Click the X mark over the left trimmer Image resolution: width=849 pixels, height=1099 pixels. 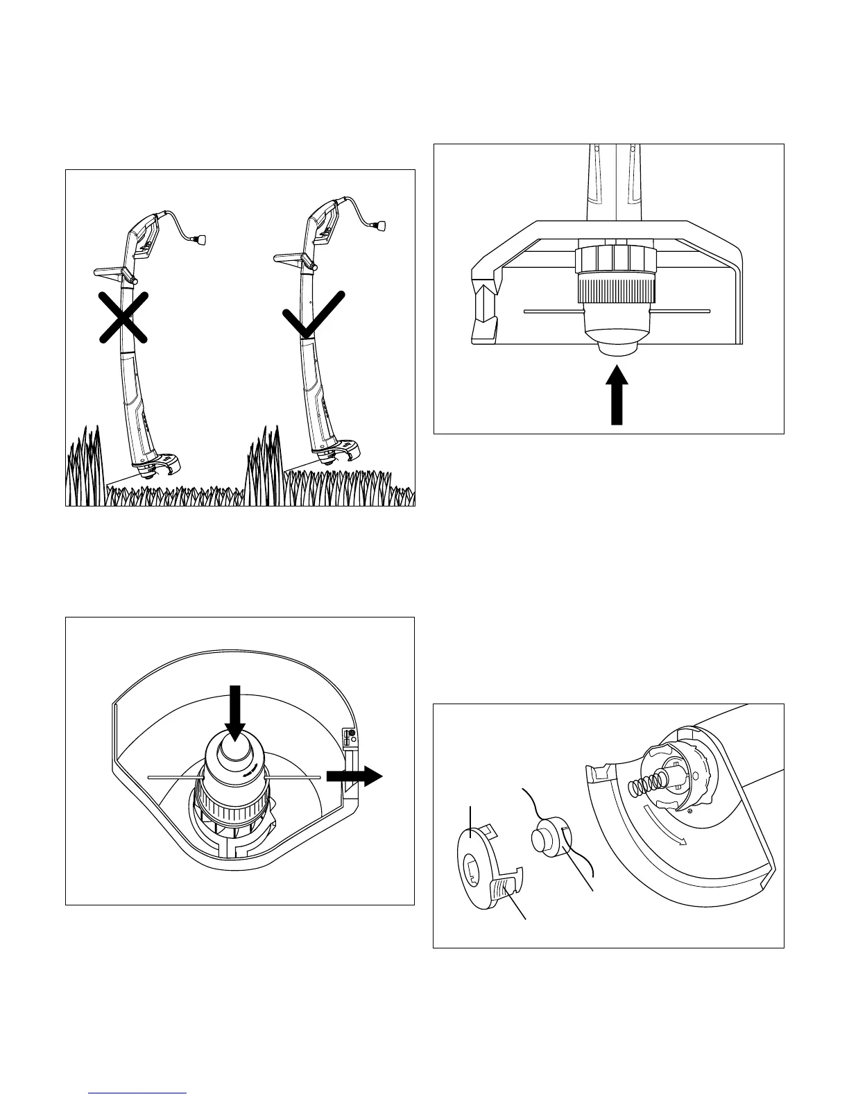[123, 317]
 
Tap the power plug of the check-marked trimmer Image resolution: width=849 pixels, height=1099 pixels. [379, 225]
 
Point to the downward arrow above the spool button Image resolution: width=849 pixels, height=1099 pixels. [234, 712]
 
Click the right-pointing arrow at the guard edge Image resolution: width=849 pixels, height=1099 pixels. [354, 776]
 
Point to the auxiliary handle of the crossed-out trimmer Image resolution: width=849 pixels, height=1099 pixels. [110, 270]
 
